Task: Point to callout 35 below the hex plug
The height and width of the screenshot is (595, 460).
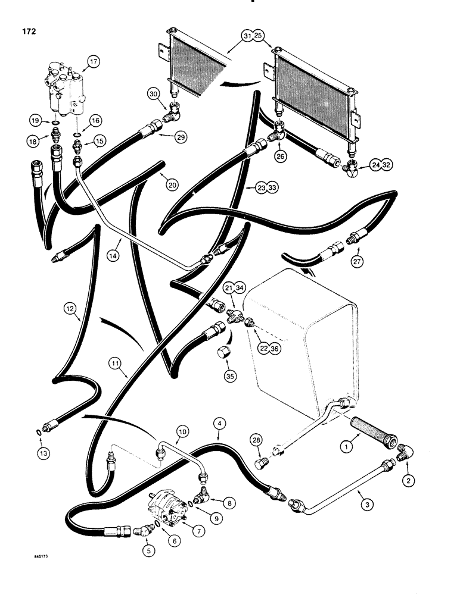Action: (x=230, y=375)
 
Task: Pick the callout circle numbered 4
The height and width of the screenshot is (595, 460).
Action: (x=220, y=424)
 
